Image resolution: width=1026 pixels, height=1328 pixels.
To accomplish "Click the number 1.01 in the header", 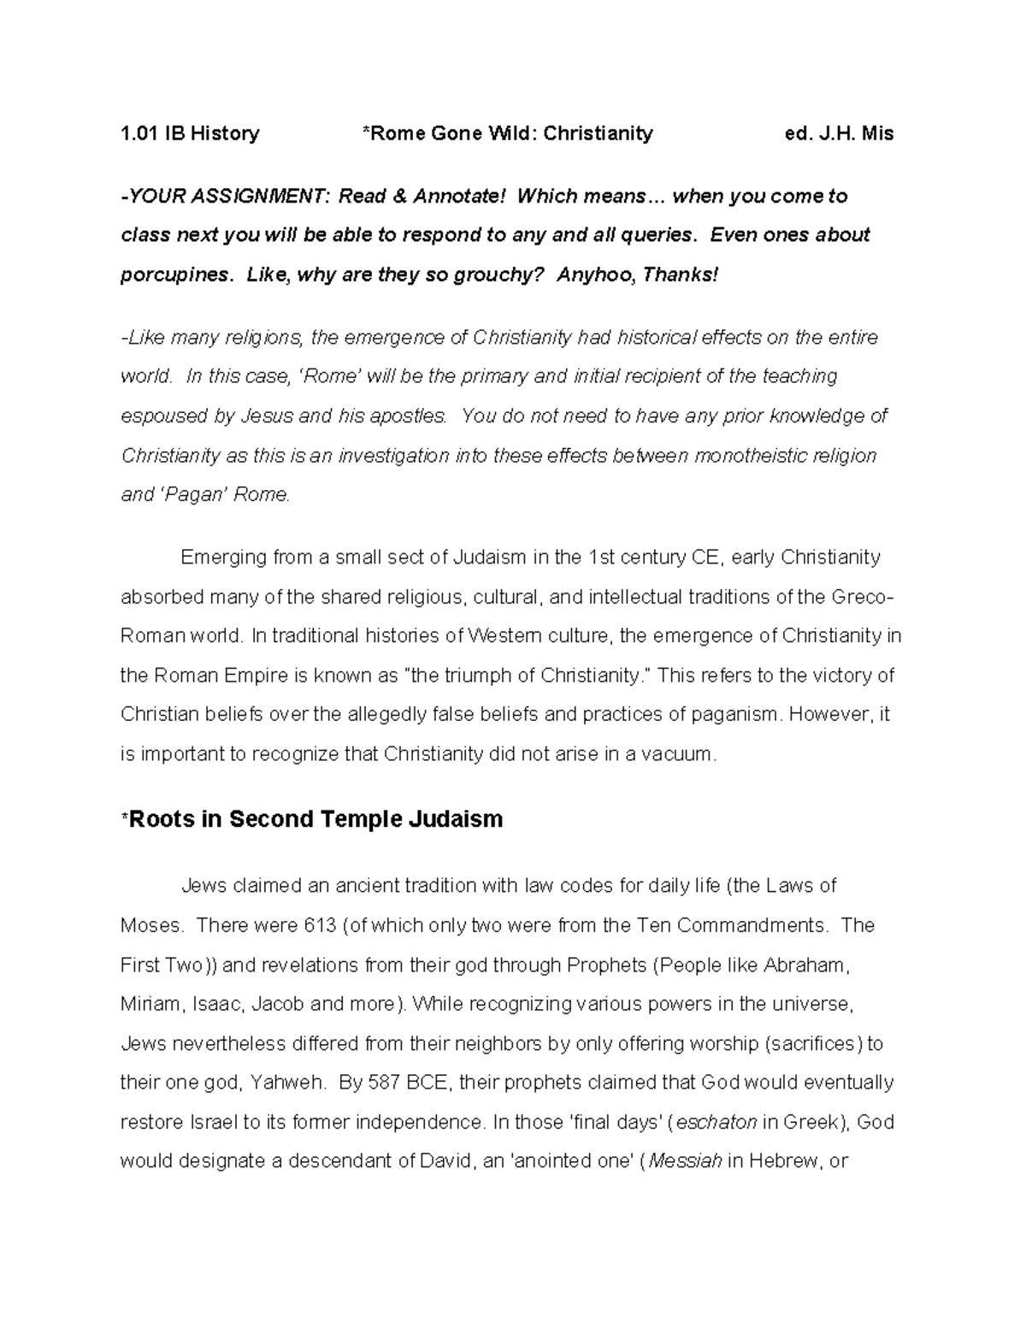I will (139, 133).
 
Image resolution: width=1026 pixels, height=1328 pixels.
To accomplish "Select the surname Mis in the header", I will (876, 133).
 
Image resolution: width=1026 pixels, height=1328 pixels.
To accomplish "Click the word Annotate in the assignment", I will (459, 197).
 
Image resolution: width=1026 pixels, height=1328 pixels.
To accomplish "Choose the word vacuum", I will (676, 754).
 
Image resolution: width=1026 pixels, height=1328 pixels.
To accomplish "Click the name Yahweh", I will (287, 1083).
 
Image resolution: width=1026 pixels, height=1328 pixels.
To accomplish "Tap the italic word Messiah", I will (686, 1162).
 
